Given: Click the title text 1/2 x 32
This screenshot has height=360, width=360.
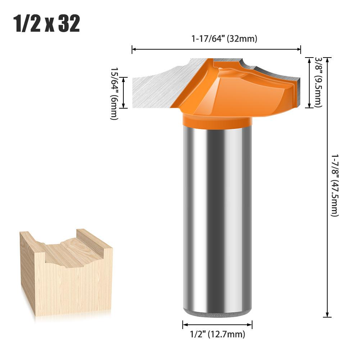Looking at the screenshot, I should (x=47, y=24).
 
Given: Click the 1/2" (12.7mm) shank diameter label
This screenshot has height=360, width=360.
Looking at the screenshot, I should (x=217, y=334).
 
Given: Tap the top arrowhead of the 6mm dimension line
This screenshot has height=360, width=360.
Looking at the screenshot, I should (x=123, y=79).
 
